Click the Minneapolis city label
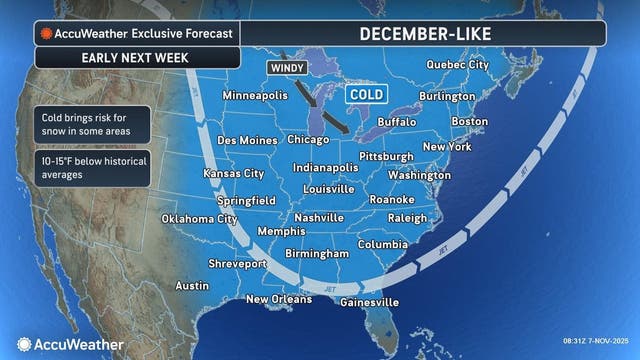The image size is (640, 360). tap(261, 96)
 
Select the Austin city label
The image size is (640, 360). tap(192, 285)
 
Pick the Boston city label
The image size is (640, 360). tap(470, 121)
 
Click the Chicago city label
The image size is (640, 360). tap(308, 140)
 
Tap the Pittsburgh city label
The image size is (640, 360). tap(386, 157)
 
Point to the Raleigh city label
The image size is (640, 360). tap(407, 217)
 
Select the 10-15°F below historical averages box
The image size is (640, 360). tap(90, 168)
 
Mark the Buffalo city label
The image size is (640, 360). tap(397, 121)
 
